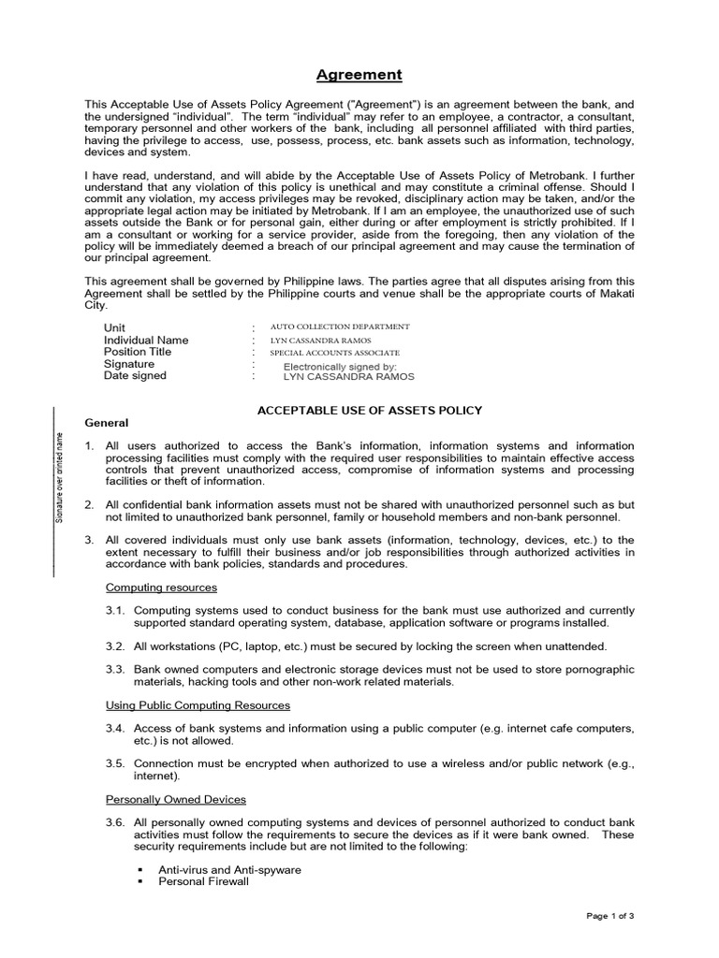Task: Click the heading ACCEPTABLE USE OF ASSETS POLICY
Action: point(370,410)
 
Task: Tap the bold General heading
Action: point(107,423)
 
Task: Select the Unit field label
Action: point(115,327)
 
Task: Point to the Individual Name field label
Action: point(145,340)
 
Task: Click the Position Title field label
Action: point(138,352)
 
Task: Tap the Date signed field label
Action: point(135,375)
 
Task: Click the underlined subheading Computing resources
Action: point(161,588)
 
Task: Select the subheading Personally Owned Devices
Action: point(176,799)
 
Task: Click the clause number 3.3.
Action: point(114,670)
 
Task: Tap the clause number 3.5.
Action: point(114,763)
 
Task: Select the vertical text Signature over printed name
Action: point(58,477)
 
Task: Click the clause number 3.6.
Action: point(114,822)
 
